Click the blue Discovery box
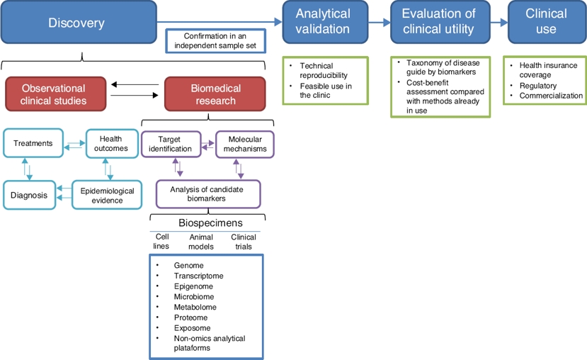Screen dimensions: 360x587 point(76,23)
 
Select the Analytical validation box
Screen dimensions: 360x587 point(322,22)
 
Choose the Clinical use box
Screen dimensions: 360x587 point(545,22)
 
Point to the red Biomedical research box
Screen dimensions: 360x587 point(215,94)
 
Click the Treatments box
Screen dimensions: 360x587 point(33,143)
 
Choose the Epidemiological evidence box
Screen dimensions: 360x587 point(107,195)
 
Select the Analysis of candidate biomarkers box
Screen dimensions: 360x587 point(208,193)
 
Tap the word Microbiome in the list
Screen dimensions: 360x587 point(194,296)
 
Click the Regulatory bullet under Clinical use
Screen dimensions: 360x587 point(538,85)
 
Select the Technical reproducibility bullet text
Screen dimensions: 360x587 point(323,70)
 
